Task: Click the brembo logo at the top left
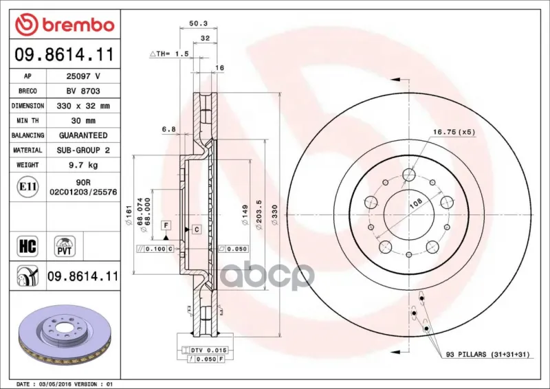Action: click(x=65, y=25)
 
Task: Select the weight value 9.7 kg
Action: click(x=83, y=165)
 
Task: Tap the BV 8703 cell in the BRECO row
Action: click(x=83, y=91)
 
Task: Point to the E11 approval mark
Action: click(x=27, y=187)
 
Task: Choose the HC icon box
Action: click(x=27, y=246)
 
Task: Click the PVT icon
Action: click(x=65, y=246)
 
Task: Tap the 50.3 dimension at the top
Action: click(x=198, y=23)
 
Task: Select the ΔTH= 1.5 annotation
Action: click(x=169, y=54)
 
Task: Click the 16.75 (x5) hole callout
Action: click(x=454, y=132)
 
